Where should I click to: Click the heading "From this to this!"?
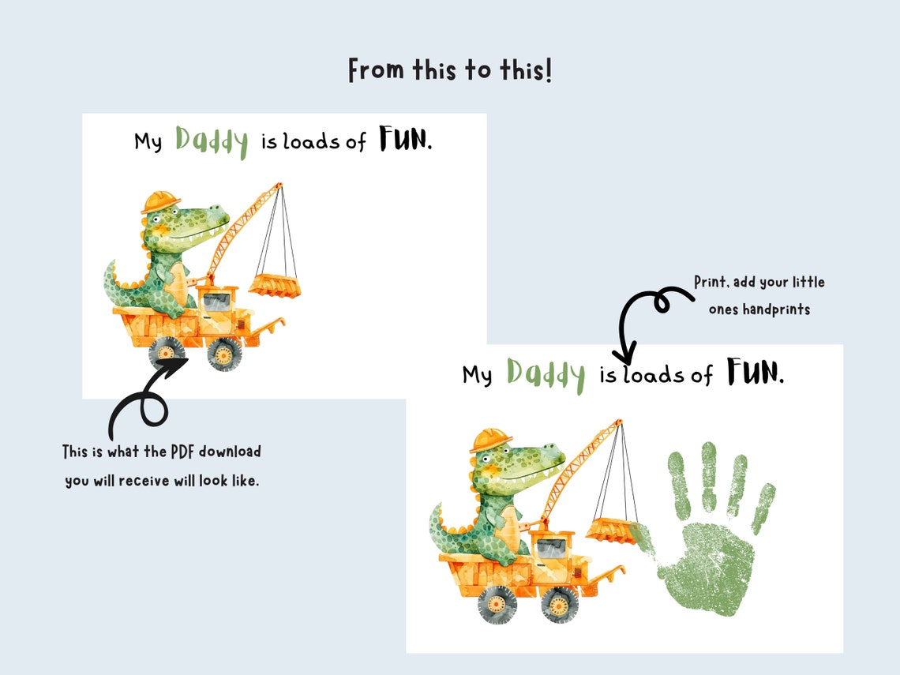point(450,70)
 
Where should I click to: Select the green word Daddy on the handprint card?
point(546,373)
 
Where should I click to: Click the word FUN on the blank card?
point(404,140)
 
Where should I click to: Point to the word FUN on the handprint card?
point(755,371)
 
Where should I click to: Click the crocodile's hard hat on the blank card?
point(160,201)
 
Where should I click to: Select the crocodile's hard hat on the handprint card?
point(490,439)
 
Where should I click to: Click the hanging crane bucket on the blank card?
point(274,284)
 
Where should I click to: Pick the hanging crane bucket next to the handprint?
point(612,529)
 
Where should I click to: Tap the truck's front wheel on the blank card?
point(224,354)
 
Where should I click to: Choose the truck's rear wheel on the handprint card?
point(497,604)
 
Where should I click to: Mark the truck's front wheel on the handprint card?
point(559,604)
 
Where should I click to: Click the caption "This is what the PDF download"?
point(162,452)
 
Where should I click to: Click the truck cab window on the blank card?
point(220,300)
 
